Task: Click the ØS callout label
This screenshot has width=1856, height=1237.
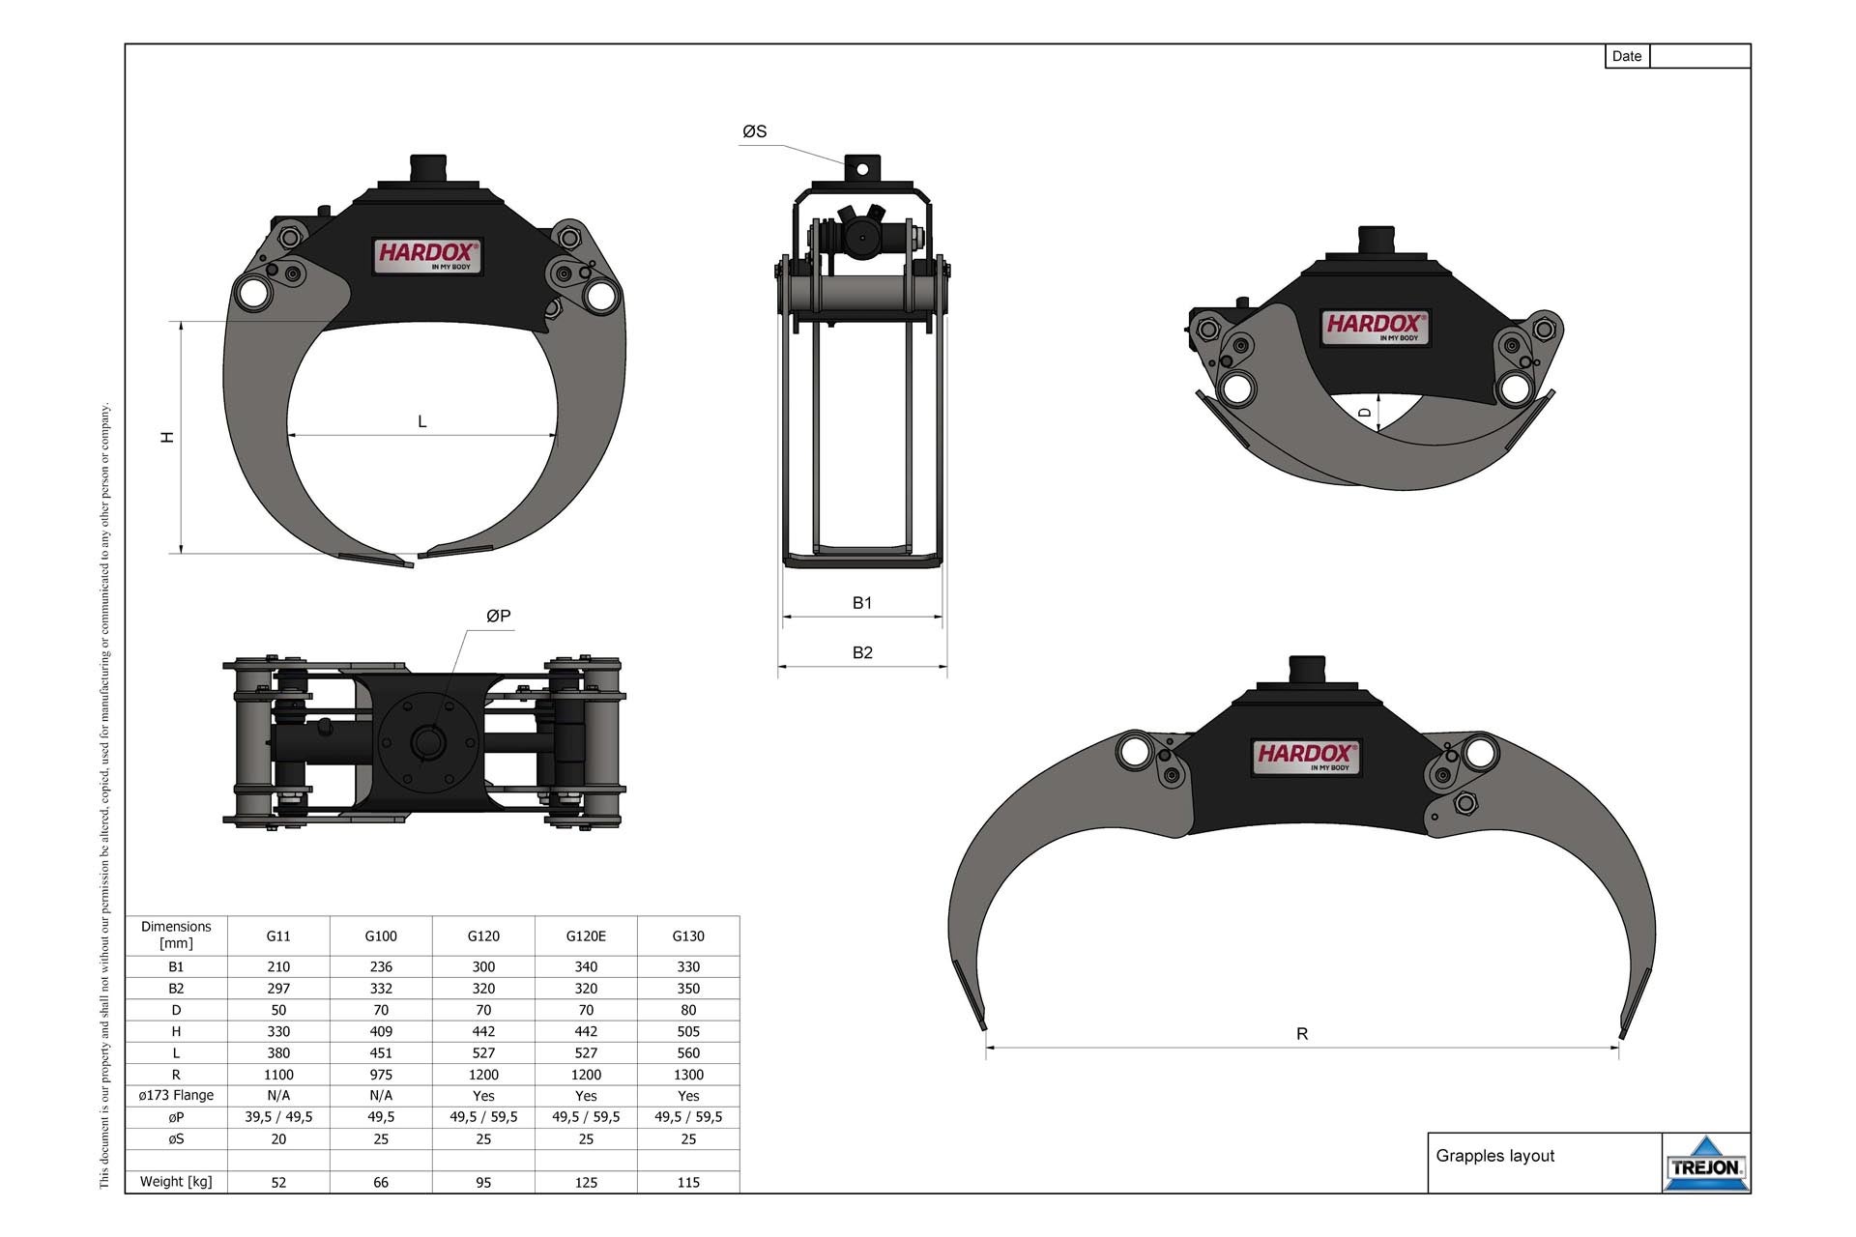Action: point(754,131)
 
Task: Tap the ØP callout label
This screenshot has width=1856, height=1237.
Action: point(498,616)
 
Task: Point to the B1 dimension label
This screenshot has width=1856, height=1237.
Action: point(861,602)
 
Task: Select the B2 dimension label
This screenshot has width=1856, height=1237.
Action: point(862,652)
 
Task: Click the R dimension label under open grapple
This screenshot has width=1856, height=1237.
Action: point(1301,1033)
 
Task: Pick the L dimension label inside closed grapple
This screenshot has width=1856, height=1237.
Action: point(421,421)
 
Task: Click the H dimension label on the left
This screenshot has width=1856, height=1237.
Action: point(168,437)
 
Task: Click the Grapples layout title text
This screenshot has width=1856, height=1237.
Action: point(1494,1156)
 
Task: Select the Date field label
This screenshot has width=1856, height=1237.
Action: point(1626,56)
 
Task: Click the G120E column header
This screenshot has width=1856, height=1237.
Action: point(586,935)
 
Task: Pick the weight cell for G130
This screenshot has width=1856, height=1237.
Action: point(688,1182)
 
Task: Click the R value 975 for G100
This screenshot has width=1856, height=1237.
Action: point(381,1075)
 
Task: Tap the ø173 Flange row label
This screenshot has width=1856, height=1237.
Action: point(176,1095)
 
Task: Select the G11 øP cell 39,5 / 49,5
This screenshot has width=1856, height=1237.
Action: point(278,1116)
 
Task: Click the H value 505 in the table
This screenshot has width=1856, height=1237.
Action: point(688,1031)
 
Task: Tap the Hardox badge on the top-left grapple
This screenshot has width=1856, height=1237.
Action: point(427,255)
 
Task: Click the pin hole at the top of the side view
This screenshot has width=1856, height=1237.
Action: point(862,169)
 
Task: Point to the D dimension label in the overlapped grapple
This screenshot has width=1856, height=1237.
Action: point(1365,413)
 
